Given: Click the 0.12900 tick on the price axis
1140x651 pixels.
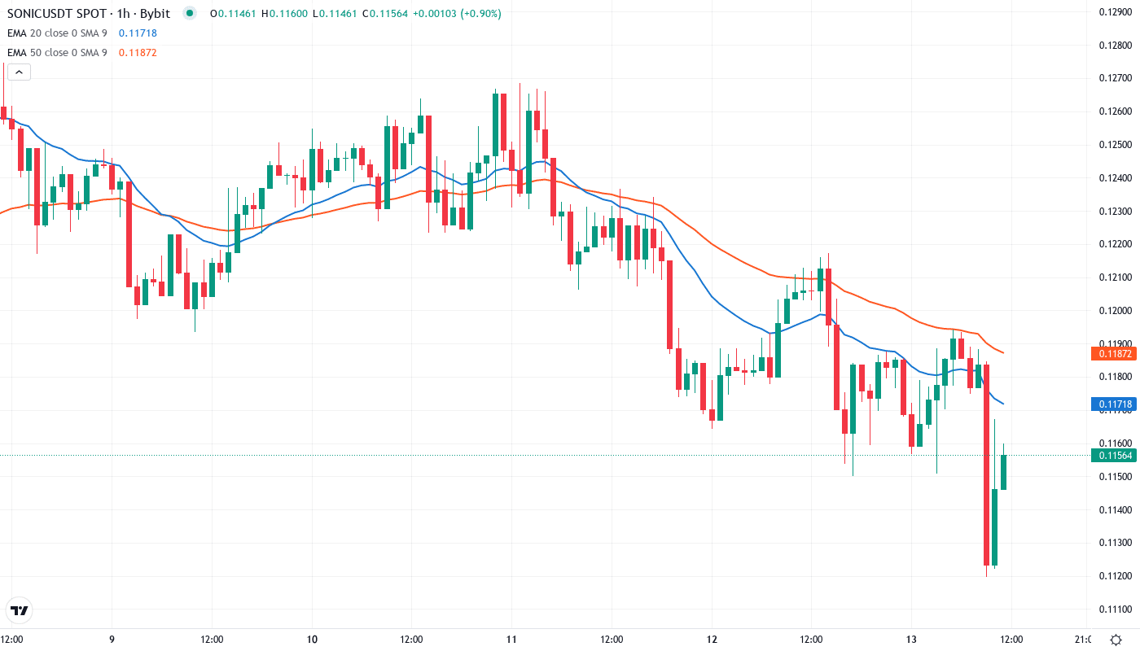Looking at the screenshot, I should [x=1112, y=11].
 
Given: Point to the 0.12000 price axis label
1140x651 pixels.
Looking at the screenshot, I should [x=1112, y=310].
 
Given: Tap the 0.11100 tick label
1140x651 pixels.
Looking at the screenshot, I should [x=1112, y=609].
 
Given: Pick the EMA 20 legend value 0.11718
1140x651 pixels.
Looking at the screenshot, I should [x=138, y=33].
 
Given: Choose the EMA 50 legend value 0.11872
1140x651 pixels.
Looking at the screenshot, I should [x=138, y=53].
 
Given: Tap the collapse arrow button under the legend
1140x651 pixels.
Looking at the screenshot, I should [x=18, y=72].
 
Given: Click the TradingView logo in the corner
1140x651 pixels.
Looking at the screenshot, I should [x=20, y=610].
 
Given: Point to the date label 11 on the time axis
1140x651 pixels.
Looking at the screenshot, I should [x=511, y=639].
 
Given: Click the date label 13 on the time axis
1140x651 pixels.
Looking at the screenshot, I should [x=911, y=639].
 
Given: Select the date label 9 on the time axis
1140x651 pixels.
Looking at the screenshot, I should [x=112, y=639].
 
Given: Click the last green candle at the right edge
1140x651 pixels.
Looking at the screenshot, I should [x=1003, y=472].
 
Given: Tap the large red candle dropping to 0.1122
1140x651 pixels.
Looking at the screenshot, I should [x=986, y=465].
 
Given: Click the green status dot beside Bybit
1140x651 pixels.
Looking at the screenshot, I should [x=190, y=14].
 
